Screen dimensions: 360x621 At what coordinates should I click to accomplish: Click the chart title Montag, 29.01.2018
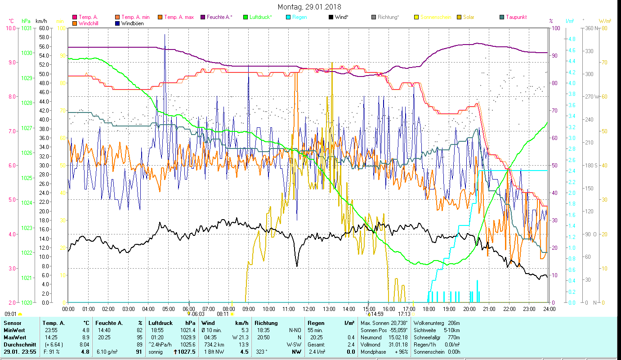click(x=309, y=7)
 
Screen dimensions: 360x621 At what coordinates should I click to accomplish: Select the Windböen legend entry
click(x=132, y=23)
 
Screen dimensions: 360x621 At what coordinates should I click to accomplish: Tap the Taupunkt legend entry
click(x=516, y=17)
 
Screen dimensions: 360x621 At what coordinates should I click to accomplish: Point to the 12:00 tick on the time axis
click(x=309, y=309)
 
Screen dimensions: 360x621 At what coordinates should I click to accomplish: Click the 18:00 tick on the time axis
click(x=429, y=309)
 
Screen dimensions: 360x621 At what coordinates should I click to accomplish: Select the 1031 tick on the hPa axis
click(x=27, y=28)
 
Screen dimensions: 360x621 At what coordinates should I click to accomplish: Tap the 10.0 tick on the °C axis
click(x=10, y=28)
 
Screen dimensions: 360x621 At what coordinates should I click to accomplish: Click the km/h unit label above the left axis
click(x=41, y=21)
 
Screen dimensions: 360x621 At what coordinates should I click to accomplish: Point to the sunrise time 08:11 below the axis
click(x=223, y=314)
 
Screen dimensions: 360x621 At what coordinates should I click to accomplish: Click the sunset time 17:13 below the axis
click(x=404, y=314)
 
